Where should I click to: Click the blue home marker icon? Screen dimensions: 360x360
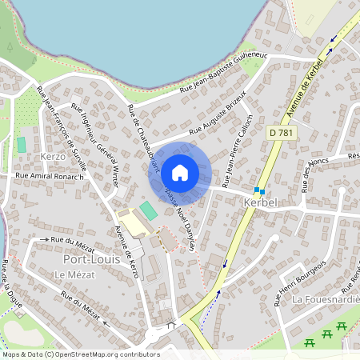(x=180, y=173)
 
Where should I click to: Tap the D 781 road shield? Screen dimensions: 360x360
(x=280, y=132)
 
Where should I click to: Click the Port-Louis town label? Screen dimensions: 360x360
(x=91, y=259)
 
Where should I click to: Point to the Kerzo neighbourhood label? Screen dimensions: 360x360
(x=52, y=157)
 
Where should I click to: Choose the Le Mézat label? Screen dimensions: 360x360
(x=70, y=274)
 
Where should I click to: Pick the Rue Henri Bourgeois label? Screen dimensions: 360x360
(x=301, y=282)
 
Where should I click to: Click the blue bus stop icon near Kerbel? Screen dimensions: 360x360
(x=258, y=190)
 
